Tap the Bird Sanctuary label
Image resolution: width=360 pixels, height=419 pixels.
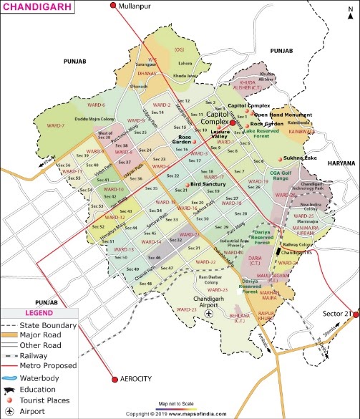coord(203,184)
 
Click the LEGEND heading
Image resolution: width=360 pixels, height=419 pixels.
coord(39,313)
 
